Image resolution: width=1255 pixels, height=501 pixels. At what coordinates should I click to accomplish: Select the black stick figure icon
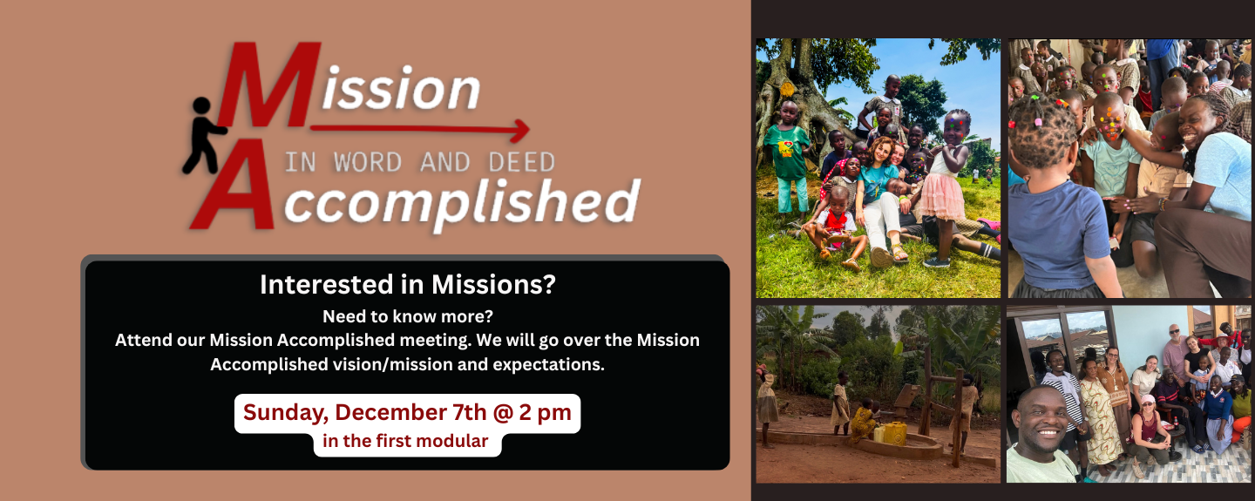point(202,135)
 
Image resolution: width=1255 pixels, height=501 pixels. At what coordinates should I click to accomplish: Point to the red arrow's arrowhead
point(521,131)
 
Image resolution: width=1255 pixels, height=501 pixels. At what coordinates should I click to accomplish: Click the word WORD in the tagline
point(368,163)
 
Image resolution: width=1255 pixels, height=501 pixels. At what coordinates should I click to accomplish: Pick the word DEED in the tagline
point(521,163)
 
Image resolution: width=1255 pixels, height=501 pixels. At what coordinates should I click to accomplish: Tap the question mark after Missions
point(549,284)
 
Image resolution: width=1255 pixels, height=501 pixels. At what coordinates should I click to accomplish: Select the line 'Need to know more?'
point(408,316)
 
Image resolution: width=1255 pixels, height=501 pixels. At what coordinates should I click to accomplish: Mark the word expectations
point(548,365)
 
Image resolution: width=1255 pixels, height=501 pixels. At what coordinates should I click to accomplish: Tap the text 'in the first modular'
point(405,441)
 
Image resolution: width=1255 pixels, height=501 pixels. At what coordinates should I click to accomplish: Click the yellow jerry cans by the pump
point(890,433)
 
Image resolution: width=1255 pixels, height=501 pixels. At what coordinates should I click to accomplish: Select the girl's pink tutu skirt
point(942,197)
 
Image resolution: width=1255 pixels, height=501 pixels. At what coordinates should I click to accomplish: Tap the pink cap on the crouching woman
point(1148,400)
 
